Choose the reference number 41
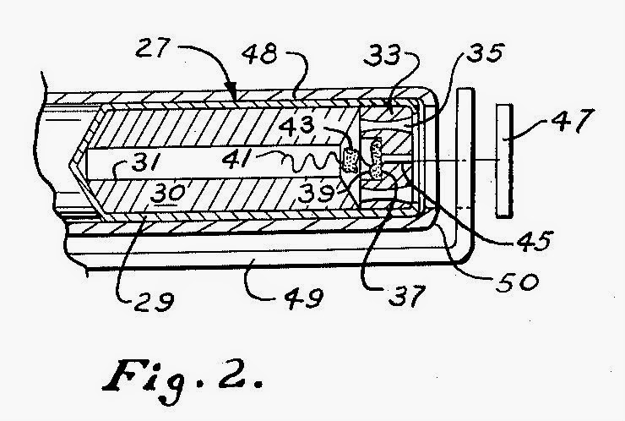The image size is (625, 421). point(246,158)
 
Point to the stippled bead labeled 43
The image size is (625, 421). point(350,158)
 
